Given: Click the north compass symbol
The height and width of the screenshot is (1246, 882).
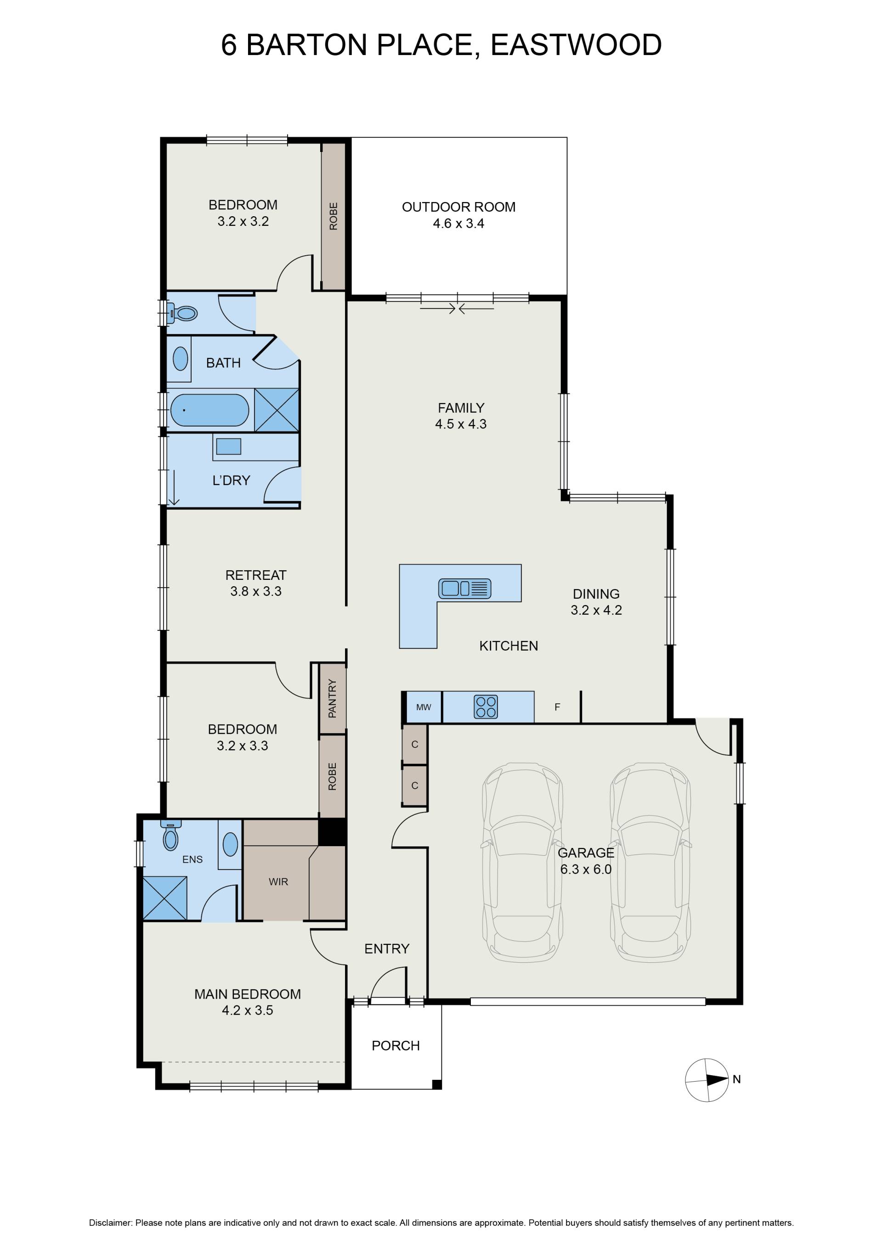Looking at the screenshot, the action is pyautogui.click(x=707, y=1079).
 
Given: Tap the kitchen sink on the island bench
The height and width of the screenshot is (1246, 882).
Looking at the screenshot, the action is pyautogui.click(x=465, y=588).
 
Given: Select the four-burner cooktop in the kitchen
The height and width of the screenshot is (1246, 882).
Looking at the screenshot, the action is pyautogui.click(x=486, y=707).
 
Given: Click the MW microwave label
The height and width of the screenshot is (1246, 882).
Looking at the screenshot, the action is pyautogui.click(x=424, y=707).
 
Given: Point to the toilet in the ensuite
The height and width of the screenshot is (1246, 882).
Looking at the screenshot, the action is pyautogui.click(x=171, y=835).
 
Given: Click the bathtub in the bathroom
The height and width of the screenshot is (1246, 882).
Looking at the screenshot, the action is pyautogui.click(x=209, y=410).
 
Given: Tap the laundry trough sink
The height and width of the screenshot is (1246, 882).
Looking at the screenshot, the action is pyautogui.click(x=229, y=446).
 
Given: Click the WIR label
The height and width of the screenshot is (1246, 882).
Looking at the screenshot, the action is pyautogui.click(x=278, y=882).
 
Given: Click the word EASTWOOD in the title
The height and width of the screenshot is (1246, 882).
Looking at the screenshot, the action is pyautogui.click(x=576, y=45).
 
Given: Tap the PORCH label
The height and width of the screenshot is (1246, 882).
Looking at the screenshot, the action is pyautogui.click(x=396, y=1046).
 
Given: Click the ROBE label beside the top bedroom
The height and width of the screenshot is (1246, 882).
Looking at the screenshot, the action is pyautogui.click(x=334, y=216).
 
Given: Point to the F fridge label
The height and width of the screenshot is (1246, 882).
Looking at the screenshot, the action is pyautogui.click(x=557, y=707).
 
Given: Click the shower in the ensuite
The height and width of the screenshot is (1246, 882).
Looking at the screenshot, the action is pyautogui.click(x=165, y=898).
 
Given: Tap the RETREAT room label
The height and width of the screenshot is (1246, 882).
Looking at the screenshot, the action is pyautogui.click(x=256, y=575).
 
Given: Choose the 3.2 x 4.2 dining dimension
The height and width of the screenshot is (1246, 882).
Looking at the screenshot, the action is pyautogui.click(x=596, y=610).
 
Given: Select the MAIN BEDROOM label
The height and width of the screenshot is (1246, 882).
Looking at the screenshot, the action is pyautogui.click(x=248, y=994).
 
